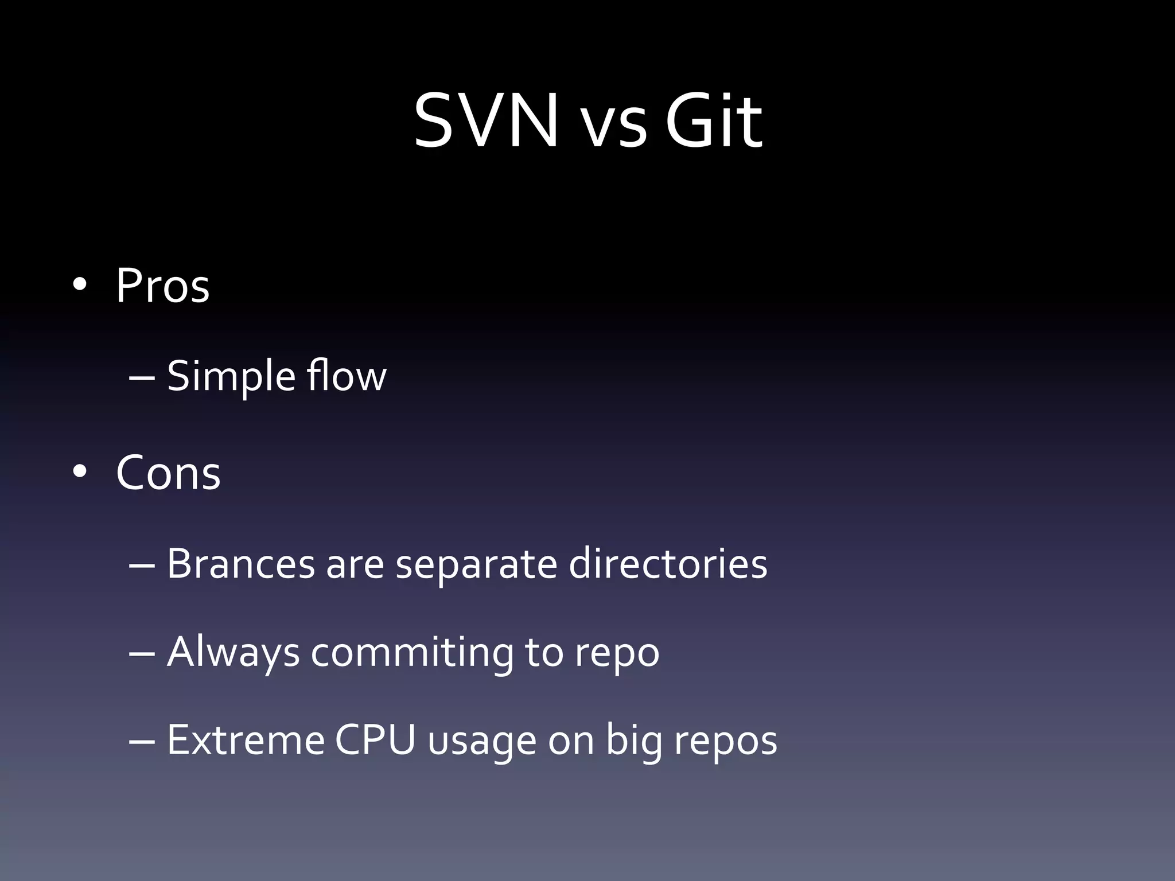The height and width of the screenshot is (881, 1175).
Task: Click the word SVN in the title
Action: point(485,122)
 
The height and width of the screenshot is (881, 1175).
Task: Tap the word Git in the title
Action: point(713,122)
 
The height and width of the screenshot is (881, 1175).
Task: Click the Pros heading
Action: point(162,285)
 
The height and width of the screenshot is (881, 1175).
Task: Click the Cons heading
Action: point(168,473)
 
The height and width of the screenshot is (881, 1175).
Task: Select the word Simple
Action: point(231,377)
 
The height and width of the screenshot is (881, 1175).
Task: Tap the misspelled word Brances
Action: point(240,564)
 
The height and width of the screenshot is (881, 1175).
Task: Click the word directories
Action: point(668,564)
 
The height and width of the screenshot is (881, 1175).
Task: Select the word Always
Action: point(233,653)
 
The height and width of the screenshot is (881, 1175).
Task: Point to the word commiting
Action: point(412,653)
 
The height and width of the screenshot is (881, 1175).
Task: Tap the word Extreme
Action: point(246,740)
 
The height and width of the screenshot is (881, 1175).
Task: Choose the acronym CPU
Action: point(375,740)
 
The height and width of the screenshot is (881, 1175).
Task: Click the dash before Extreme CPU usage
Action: point(142,741)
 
